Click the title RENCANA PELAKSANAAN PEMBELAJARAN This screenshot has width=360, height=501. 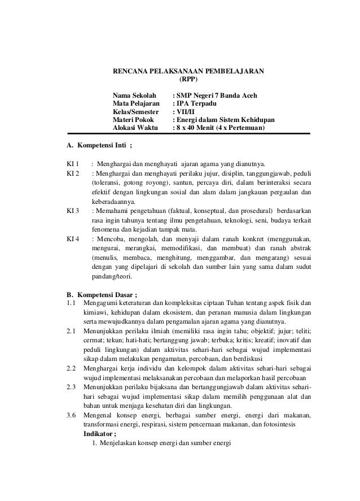[x=189, y=72]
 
